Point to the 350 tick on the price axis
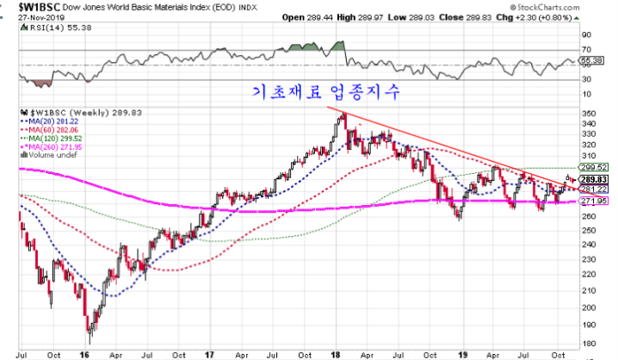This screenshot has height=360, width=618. pos(590,113)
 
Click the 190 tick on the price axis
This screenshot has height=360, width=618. pos(590,325)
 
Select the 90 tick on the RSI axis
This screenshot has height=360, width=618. pos(587,35)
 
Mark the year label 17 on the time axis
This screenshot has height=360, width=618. pos(210,353)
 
